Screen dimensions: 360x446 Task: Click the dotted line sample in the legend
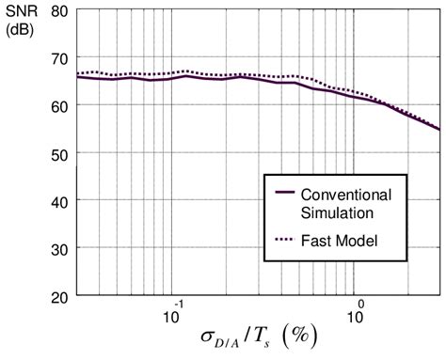click(x=280, y=241)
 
